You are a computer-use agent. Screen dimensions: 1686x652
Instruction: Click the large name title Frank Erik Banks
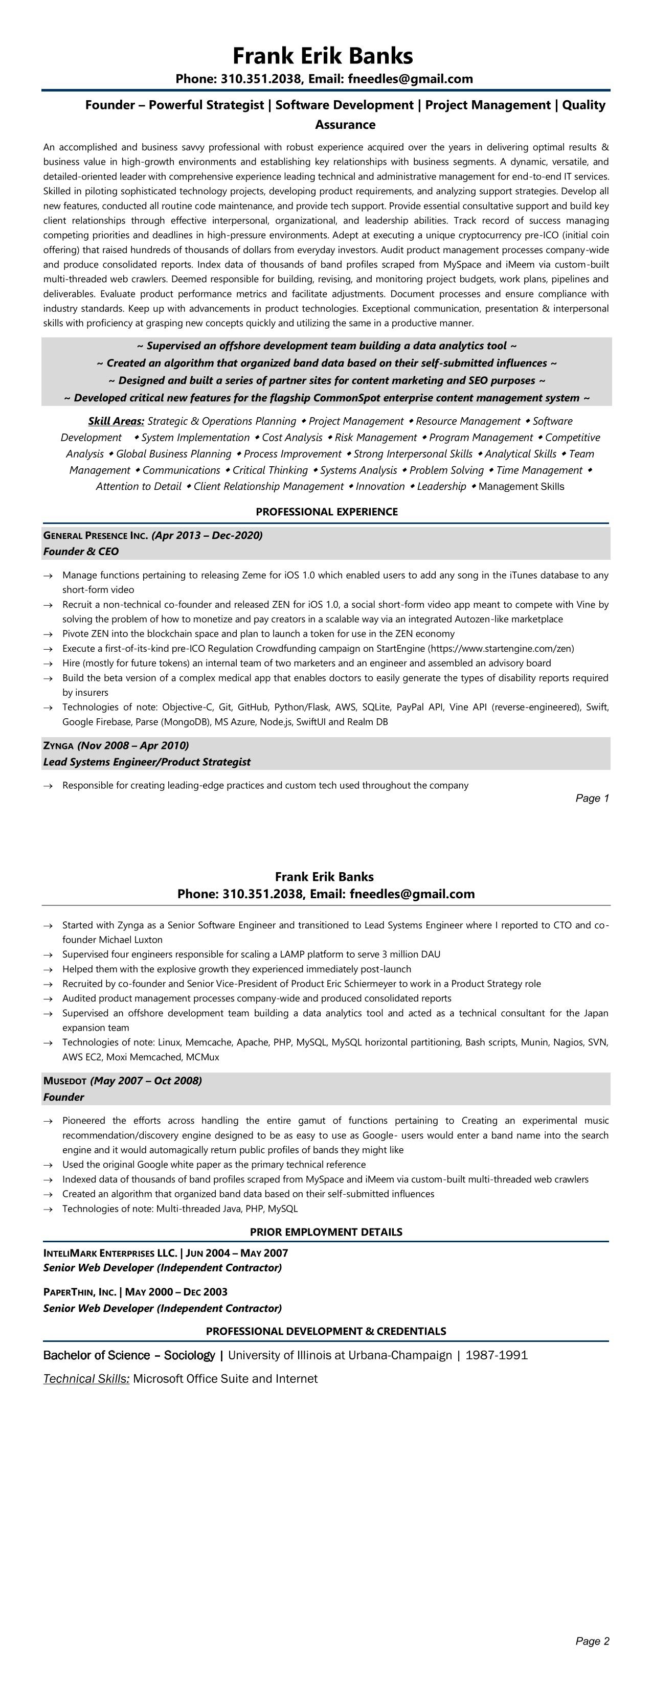tap(323, 56)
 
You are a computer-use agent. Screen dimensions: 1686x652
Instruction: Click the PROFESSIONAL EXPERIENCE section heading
tap(326, 511)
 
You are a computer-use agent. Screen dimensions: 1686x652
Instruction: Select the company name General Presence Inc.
tap(96, 535)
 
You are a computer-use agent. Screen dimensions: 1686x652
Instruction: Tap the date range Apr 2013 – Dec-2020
tap(207, 535)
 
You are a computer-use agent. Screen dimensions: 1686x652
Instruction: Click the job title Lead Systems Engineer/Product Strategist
tap(147, 762)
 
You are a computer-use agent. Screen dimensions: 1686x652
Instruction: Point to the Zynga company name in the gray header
tap(58, 745)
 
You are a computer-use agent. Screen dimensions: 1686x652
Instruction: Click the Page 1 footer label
tap(592, 798)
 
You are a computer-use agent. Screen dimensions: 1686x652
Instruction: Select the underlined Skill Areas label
tap(116, 421)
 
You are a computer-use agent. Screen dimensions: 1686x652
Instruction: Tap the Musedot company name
tap(65, 1081)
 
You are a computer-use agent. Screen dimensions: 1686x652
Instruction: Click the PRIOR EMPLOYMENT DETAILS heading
tap(326, 1232)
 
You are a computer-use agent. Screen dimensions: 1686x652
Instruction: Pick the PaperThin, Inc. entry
tap(79, 1292)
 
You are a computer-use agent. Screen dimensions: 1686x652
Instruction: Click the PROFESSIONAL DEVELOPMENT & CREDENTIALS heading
tap(326, 1331)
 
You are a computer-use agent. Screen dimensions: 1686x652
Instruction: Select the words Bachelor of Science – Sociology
tap(129, 1355)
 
